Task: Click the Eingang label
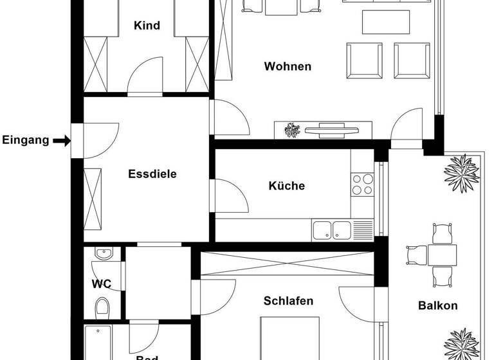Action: [26, 140]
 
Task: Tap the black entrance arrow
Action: [62, 140]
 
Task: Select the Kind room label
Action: [147, 26]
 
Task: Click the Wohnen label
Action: [288, 66]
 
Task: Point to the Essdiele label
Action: [152, 174]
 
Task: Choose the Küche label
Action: [286, 186]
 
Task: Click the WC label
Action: [101, 283]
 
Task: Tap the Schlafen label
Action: [288, 301]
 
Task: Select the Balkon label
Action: [437, 305]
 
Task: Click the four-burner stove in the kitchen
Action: [362, 184]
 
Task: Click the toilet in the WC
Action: [102, 307]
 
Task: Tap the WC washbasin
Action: [103, 253]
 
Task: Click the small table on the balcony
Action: [442, 255]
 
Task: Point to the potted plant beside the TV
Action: [292, 130]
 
